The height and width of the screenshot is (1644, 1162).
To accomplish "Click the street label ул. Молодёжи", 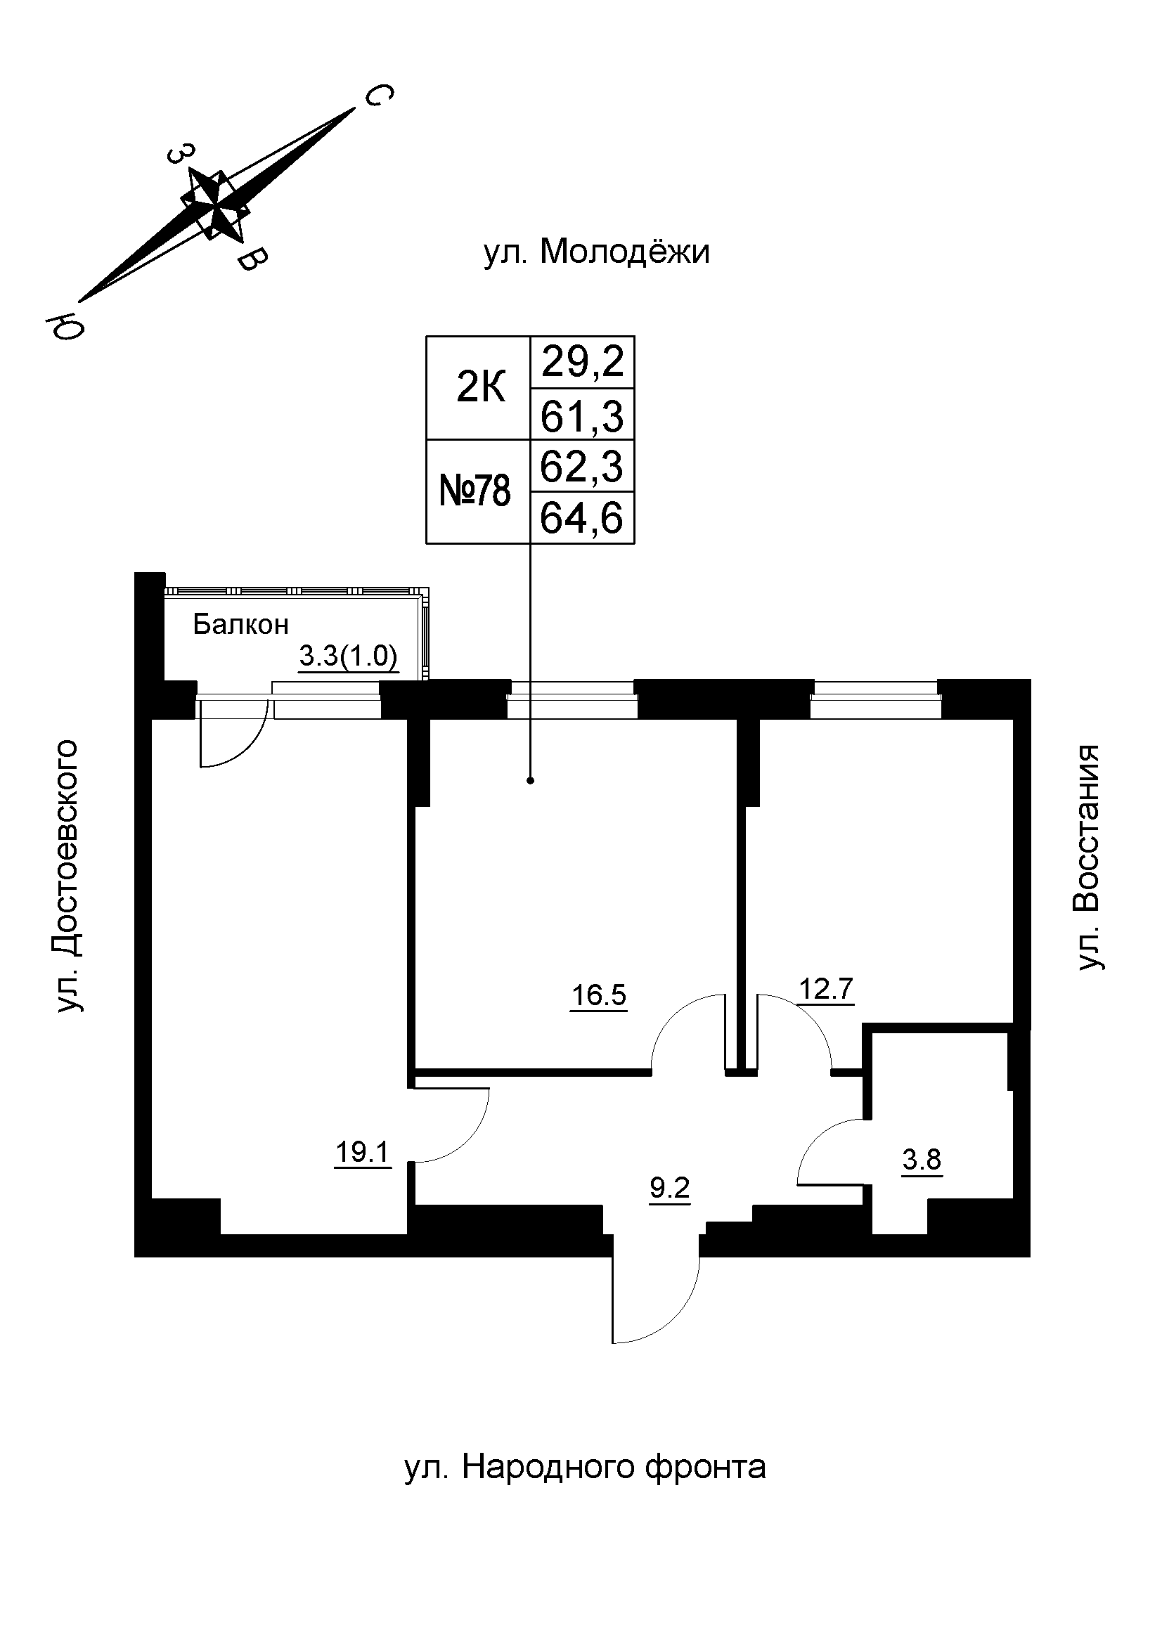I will pos(596,253).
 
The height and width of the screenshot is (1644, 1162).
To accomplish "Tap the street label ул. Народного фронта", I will pos(585,1466).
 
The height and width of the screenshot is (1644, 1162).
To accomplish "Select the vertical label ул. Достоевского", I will pos(69,876).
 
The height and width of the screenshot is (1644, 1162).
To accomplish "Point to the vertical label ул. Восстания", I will pos(1087,857).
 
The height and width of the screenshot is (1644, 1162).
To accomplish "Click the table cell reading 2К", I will pos(480,389).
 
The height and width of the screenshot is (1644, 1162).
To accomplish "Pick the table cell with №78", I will pos(475,492).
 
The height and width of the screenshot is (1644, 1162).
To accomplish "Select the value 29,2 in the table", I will pos(583,363).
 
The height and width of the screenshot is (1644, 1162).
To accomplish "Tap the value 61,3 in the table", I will pos(583,416).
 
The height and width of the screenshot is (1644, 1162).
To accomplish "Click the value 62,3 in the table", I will pos(583,467).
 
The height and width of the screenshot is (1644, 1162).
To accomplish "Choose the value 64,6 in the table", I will pos(583,519).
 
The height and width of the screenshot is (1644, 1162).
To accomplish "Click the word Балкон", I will pos(240,626).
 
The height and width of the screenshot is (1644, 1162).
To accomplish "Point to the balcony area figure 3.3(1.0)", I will pos(348,656).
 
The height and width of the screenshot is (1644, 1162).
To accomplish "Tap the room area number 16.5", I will pos(598,995).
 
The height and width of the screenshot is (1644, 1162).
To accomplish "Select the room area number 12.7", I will pos(826,990).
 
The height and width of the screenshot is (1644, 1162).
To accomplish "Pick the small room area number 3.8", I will pos(922,1158).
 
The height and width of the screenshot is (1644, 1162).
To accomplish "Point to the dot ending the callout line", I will pos(531,780).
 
